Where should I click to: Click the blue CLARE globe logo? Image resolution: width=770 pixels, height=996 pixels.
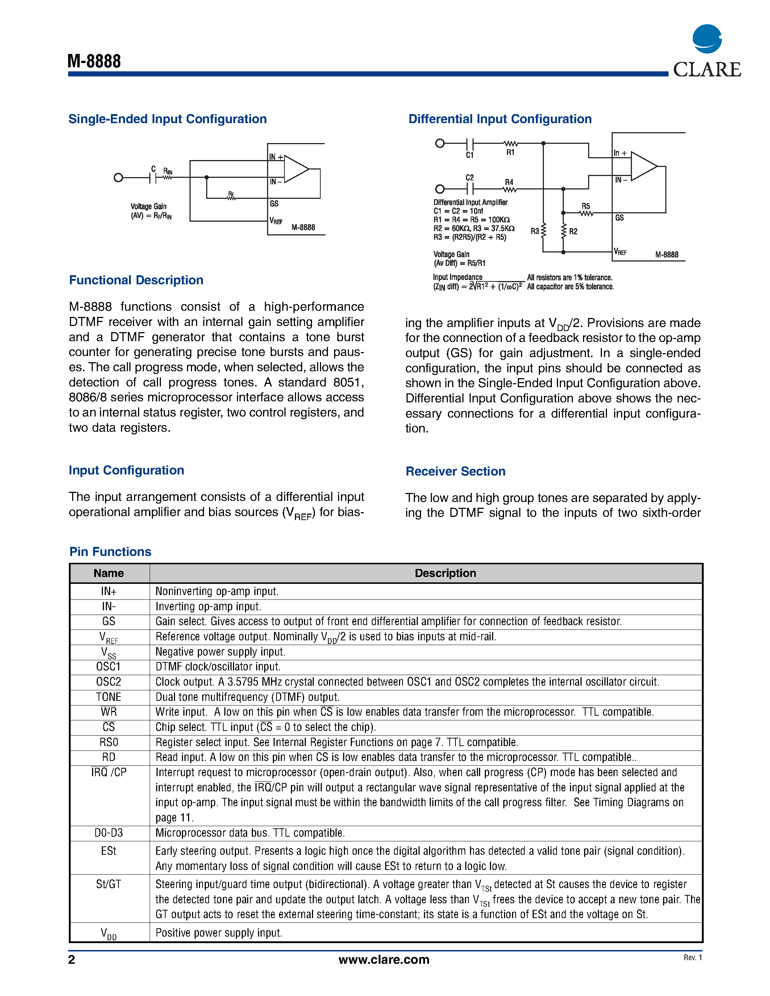click(707, 39)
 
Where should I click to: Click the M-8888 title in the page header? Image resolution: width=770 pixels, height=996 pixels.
click(94, 61)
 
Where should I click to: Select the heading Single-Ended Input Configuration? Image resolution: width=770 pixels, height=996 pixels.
click(167, 119)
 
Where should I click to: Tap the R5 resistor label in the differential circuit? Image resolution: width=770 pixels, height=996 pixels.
click(586, 206)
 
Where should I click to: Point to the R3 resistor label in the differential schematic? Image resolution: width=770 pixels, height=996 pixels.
click(534, 231)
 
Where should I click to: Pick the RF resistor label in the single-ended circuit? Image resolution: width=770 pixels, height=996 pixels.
click(231, 194)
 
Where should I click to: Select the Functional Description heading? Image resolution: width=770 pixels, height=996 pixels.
click(136, 280)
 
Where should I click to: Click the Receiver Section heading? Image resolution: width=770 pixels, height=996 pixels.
click(455, 471)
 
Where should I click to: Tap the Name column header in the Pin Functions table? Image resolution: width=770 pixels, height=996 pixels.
click(109, 573)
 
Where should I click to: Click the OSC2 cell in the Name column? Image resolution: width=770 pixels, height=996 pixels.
click(109, 682)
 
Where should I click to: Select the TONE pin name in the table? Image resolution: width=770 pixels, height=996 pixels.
click(109, 697)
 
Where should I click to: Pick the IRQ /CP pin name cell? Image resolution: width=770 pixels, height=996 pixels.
click(109, 772)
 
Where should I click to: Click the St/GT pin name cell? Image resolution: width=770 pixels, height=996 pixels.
click(109, 884)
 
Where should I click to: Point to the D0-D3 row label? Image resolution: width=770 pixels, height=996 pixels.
click(109, 833)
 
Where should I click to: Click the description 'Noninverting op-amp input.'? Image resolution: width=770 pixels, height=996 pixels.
click(217, 591)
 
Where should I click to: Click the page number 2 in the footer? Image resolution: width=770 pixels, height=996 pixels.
click(72, 960)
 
